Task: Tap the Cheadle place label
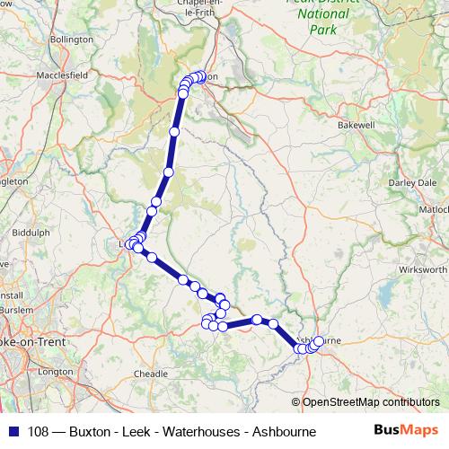[x=149, y=373]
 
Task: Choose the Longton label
[x=55, y=371]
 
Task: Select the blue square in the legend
[x=10, y=432]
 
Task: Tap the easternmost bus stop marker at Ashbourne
[x=319, y=341]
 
